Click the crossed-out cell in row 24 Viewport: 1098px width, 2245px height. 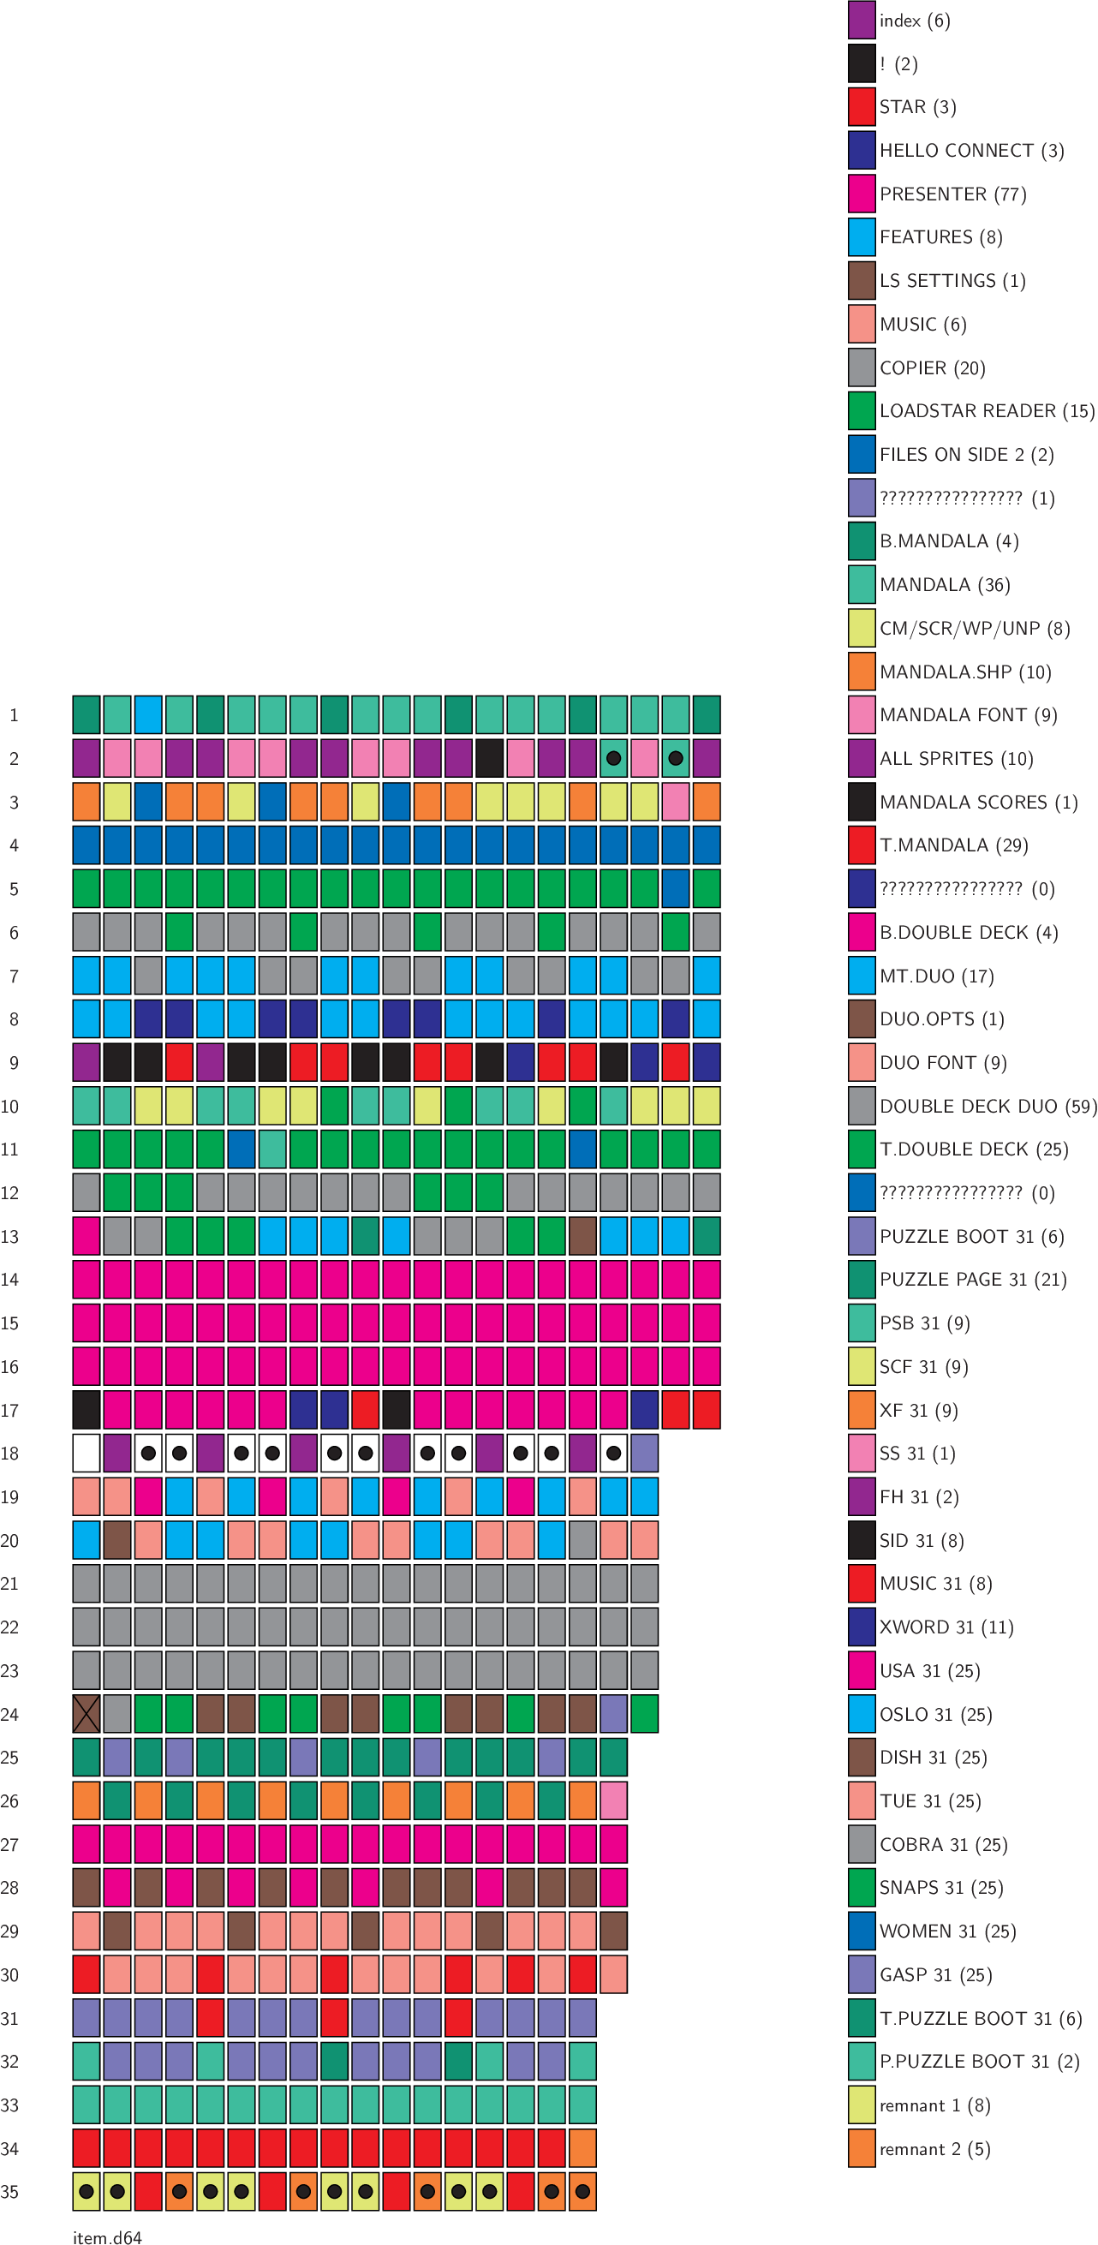[87, 1713]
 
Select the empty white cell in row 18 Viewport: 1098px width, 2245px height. [87, 1453]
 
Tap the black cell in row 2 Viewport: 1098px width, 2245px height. [490, 758]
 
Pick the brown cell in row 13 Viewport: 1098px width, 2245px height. [582, 1236]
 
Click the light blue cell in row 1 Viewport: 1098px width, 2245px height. [148, 714]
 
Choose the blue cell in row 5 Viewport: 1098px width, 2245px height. [676, 888]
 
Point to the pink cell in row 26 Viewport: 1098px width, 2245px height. [613, 1800]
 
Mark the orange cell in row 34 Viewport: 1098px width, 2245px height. [582, 2148]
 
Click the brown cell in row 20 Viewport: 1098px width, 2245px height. [117, 1540]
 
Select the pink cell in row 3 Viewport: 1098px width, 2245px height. [676, 802]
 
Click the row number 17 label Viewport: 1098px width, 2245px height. [9, 1410]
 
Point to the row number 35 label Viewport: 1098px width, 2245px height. [9, 2192]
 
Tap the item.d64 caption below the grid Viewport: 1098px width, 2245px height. [107, 2236]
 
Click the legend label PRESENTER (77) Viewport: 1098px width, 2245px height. [952, 194]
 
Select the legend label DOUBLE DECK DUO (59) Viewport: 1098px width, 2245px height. [988, 1106]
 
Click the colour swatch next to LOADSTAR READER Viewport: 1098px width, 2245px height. [862, 410]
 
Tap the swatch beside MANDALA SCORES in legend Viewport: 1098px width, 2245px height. [862, 802]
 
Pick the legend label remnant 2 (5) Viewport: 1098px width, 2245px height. [934, 2148]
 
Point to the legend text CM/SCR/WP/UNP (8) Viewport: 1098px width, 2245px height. [975, 629]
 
